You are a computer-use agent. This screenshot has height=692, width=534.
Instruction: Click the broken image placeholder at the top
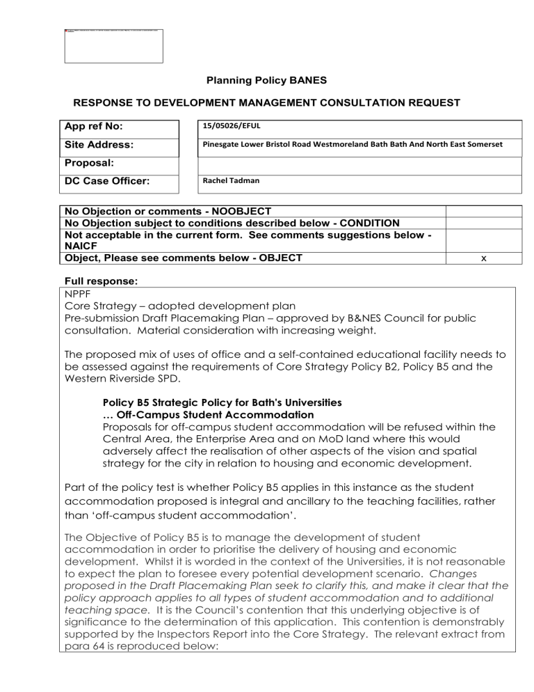coord(113,46)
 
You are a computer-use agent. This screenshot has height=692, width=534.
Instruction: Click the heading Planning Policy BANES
coord(266,80)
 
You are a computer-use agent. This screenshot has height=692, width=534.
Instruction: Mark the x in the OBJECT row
coord(483,258)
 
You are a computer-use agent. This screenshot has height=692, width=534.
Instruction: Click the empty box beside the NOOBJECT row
coord(483,211)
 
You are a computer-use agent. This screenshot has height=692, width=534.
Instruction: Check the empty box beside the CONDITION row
coord(483,223)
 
